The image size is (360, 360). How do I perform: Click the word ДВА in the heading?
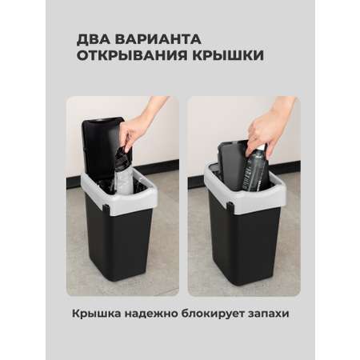93,39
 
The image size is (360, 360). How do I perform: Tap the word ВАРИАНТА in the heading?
158,39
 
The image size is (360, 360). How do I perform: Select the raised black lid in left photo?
101,148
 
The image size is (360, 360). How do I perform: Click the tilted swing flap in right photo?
231,162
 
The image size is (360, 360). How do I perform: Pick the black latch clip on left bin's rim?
106,208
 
